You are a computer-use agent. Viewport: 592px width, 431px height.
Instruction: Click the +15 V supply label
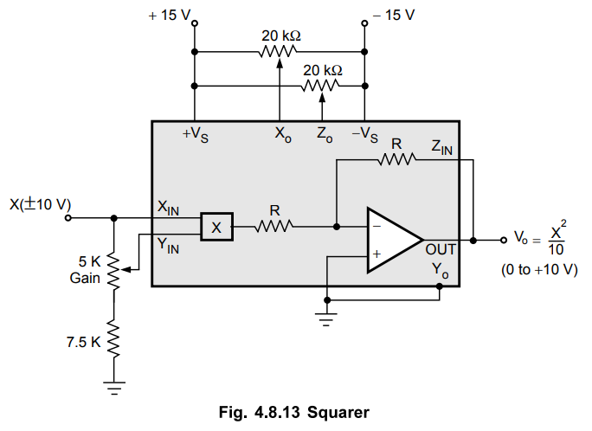(x=170, y=15)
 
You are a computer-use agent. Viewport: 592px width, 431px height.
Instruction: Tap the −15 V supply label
(x=394, y=15)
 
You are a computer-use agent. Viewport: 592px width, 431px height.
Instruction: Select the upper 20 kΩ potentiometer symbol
(x=279, y=52)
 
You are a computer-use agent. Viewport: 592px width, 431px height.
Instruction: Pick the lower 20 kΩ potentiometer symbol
(x=321, y=87)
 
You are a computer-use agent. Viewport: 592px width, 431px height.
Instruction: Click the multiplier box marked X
(x=216, y=227)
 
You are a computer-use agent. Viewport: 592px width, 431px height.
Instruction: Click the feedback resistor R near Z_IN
(x=396, y=159)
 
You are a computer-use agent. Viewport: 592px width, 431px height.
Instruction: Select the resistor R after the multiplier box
(x=274, y=227)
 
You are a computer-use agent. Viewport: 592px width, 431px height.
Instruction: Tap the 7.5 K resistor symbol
(x=113, y=338)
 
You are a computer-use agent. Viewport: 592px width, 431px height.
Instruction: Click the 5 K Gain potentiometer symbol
(x=113, y=271)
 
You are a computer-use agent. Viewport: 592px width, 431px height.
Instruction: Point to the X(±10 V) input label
(x=41, y=204)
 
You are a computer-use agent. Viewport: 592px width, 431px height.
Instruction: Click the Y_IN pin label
(x=168, y=246)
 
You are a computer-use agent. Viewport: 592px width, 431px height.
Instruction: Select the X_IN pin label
(x=168, y=208)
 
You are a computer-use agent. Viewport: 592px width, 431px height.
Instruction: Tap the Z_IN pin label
(x=441, y=147)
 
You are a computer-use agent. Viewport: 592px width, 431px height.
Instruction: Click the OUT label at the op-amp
(x=441, y=249)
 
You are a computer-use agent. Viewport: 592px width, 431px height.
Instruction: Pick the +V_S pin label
(x=196, y=135)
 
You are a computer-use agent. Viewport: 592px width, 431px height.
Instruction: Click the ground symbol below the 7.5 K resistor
(x=114, y=388)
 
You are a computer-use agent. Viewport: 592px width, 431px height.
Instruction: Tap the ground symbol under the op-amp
(x=326, y=319)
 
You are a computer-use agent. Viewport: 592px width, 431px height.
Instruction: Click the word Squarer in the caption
(x=338, y=412)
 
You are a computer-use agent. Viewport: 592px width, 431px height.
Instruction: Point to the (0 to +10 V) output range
(x=539, y=270)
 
